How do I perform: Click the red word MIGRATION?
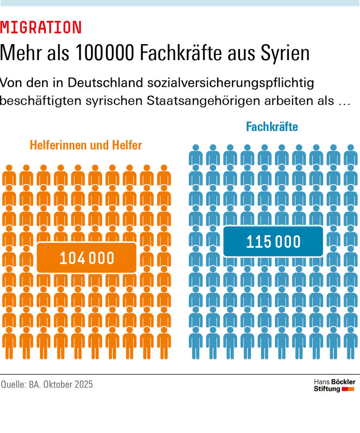pyautogui.click(x=41, y=28)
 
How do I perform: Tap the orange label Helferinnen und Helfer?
pyautogui.click(x=86, y=145)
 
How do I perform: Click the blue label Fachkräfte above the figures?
pyautogui.click(x=272, y=127)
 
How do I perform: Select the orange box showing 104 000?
pyautogui.click(x=87, y=258)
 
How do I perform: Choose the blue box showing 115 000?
pyautogui.click(x=273, y=242)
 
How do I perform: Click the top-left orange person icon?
pyautogui.click(x=9, y=176)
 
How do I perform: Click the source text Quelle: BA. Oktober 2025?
pyautogui.click(x=47, y=385)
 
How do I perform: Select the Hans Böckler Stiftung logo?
pyautogui.click(x=334, y=385)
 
